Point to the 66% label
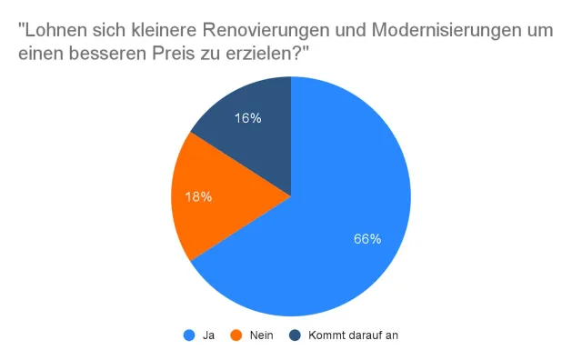366,239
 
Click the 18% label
198,196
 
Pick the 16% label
247,117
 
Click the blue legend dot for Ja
189,335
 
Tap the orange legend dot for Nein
236,335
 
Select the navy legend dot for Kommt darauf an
295,335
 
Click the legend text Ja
208,335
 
